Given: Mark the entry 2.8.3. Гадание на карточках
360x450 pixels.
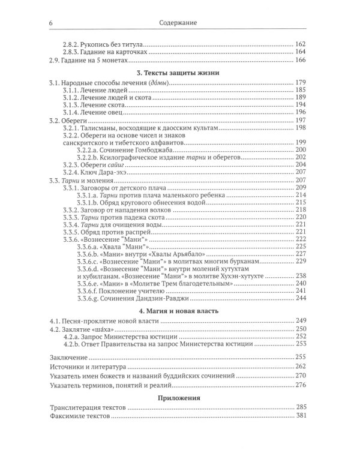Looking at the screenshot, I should [109, 52].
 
